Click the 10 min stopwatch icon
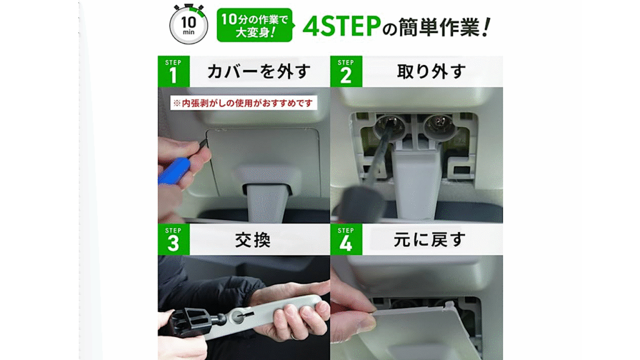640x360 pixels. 189,24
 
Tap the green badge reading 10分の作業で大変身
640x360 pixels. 255,25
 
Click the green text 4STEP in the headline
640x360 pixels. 342,26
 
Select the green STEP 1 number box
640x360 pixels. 174,71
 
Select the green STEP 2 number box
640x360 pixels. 346,71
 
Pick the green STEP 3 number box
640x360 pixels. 174,239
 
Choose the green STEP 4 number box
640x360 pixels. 346,239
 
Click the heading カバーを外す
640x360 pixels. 259,71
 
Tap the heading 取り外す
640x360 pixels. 431,71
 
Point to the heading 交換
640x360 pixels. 253,240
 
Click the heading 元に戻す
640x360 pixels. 429,239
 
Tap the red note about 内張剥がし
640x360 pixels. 244,103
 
